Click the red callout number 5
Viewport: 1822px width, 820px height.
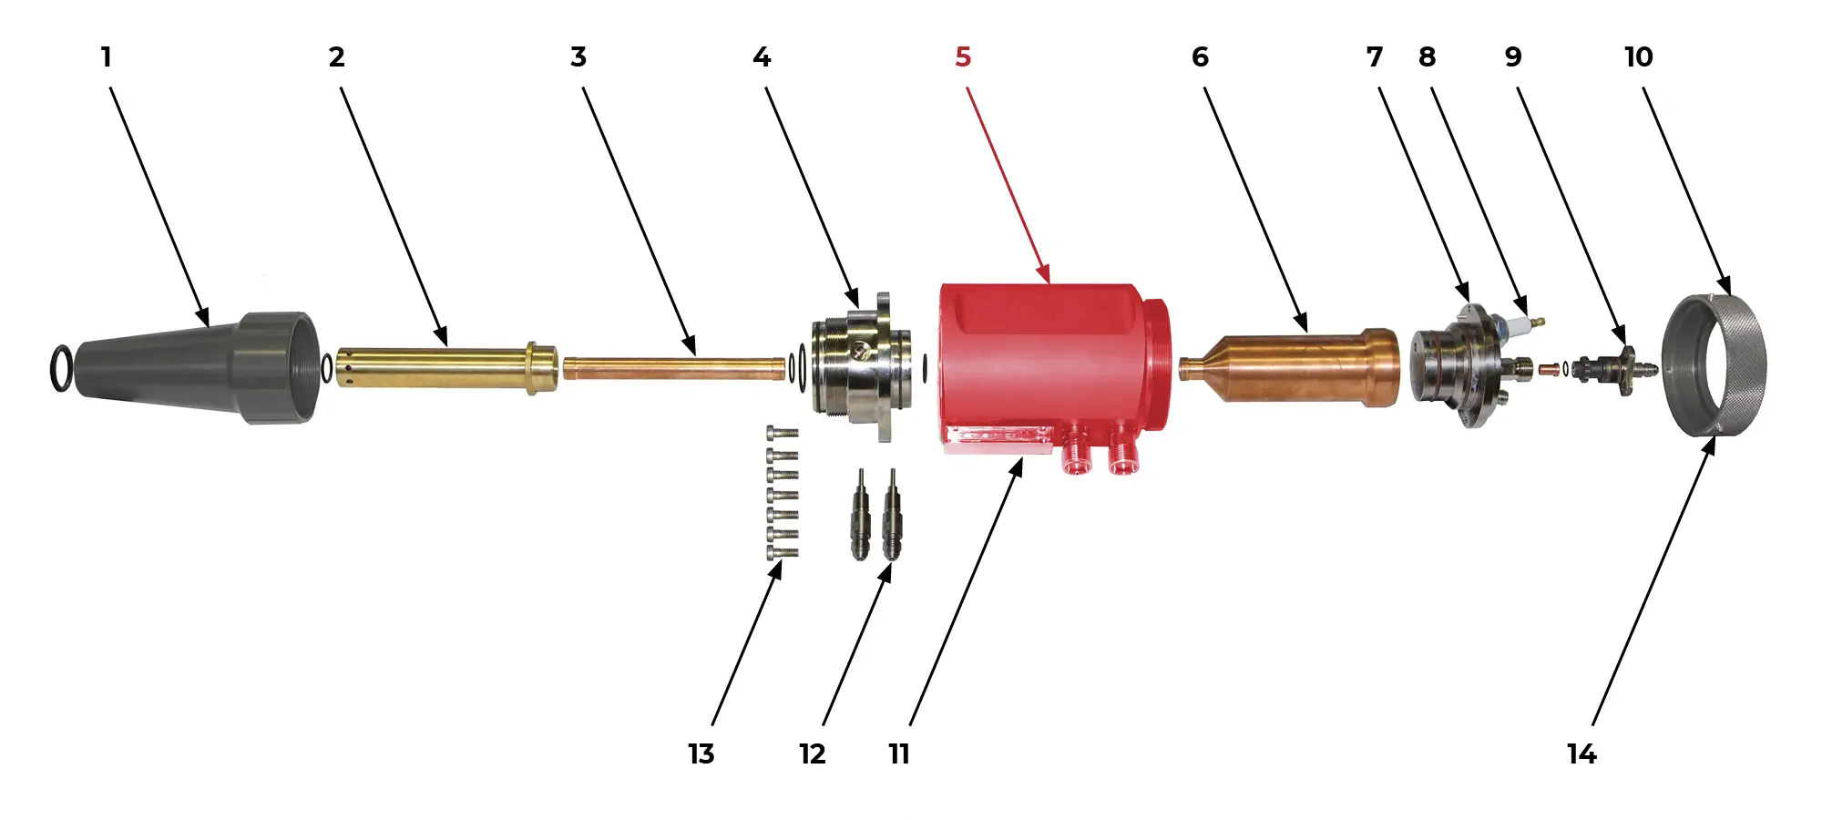(963, 57)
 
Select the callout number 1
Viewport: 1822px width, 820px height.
(106, 57)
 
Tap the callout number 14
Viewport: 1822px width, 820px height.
(1581, 754)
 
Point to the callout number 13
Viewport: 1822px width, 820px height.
(701, 754)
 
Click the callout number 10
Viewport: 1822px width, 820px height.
(1638, 57)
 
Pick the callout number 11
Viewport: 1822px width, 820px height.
(899, 754)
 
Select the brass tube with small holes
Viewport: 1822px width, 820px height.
(447, 367)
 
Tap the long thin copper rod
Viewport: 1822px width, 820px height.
(675, 368)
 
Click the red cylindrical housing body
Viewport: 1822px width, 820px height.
(1054, 369)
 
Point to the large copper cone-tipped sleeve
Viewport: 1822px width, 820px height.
(1289, 367)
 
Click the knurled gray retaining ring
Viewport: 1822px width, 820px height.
(1714, 364)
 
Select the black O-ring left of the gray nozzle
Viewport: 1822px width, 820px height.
(60, 369)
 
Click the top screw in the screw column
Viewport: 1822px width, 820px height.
(783, 432)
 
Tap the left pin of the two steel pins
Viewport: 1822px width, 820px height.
(860, 515)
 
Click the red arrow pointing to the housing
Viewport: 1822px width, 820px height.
(1008, 185)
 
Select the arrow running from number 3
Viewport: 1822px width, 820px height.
(640, 221)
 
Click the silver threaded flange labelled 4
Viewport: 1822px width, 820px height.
(856, 367)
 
